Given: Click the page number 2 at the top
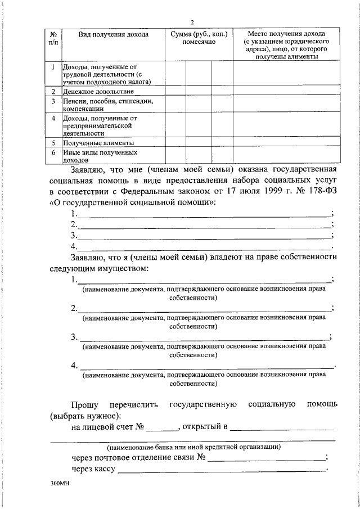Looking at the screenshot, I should coord(192,22).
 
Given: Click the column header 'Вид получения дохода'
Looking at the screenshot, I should coord(113,35).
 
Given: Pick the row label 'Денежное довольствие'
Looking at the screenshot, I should coord(98,91).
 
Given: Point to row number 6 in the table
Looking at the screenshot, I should coord(52,152).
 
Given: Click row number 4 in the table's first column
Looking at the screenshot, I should coord(52,119).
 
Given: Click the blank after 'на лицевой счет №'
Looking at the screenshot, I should coord(162,428).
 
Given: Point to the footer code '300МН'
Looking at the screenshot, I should coord(59,484).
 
